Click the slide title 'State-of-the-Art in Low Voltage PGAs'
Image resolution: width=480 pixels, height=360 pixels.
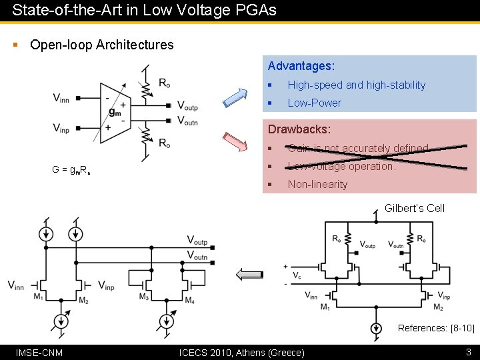144,10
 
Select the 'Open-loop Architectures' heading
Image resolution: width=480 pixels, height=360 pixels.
101,45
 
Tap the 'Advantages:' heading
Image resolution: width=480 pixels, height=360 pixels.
301,66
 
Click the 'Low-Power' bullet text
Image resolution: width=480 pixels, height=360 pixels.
314,103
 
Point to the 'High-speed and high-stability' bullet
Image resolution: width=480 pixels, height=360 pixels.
356,85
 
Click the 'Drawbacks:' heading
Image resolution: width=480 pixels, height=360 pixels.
299,129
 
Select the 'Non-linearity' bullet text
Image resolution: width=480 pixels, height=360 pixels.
317,184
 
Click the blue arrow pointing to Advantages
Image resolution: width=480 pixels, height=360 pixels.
234,96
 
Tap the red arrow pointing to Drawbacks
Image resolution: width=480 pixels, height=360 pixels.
234,143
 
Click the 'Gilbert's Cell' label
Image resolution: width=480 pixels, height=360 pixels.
414,208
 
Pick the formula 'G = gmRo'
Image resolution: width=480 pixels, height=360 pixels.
71,169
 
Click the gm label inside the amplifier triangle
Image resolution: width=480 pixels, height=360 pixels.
115,111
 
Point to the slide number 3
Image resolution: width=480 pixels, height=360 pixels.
469,351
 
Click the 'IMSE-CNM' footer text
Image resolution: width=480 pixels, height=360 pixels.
39,352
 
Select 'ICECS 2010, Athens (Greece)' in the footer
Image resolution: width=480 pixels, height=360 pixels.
242,352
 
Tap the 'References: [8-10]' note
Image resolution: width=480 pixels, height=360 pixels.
436,327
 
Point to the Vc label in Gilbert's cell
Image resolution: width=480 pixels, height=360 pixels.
296,275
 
